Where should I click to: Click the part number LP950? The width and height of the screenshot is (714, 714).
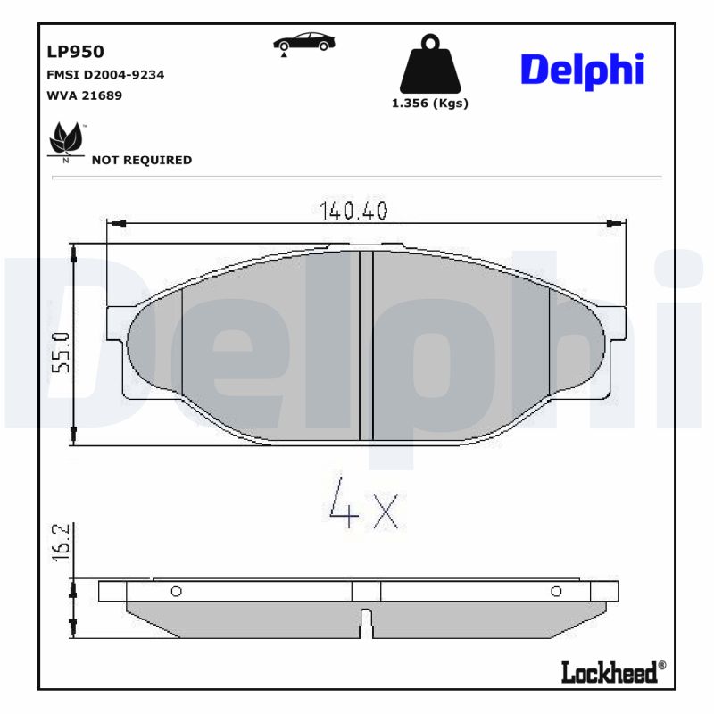pyautogui.click(x=75, y=53)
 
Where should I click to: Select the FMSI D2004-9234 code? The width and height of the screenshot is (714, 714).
pyautogui.click(x=104, y=75)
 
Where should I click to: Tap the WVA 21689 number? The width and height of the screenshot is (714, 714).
pyautogui.click(x=84, y=95)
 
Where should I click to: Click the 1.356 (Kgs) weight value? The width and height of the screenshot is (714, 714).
pyautogui.click(x=430, y=104)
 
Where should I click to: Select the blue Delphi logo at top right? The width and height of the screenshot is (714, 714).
pyautogui.click(x=582, y=69)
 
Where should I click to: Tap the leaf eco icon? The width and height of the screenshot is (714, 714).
pyautogui.click(x=65, y=139)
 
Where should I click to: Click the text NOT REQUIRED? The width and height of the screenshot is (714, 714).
pyautogui.click(x=142, y=161)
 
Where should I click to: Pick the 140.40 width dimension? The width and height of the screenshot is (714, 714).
pyautogui.click(x=353, y=212)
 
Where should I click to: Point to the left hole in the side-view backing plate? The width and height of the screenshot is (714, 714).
pyautogui.click(x=176, y=591)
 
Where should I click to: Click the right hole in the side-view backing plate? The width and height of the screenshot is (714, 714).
pyautogui.click(x=556, y=591)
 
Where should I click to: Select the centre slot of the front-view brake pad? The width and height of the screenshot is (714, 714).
pyautogui.click(x=365, y=346)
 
